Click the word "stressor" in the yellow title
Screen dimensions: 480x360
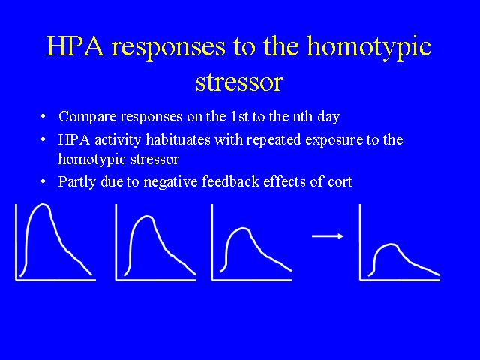239,82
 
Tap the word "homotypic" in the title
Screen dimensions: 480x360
369,47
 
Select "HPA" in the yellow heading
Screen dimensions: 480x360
75,46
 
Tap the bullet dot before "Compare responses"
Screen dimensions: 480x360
43,117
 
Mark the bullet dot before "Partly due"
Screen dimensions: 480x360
43,181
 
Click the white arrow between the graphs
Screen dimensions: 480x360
328,236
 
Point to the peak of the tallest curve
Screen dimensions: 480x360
43,205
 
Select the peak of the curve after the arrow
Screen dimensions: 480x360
391,244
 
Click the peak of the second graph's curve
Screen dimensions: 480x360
147,217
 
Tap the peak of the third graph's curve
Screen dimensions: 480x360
243,228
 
